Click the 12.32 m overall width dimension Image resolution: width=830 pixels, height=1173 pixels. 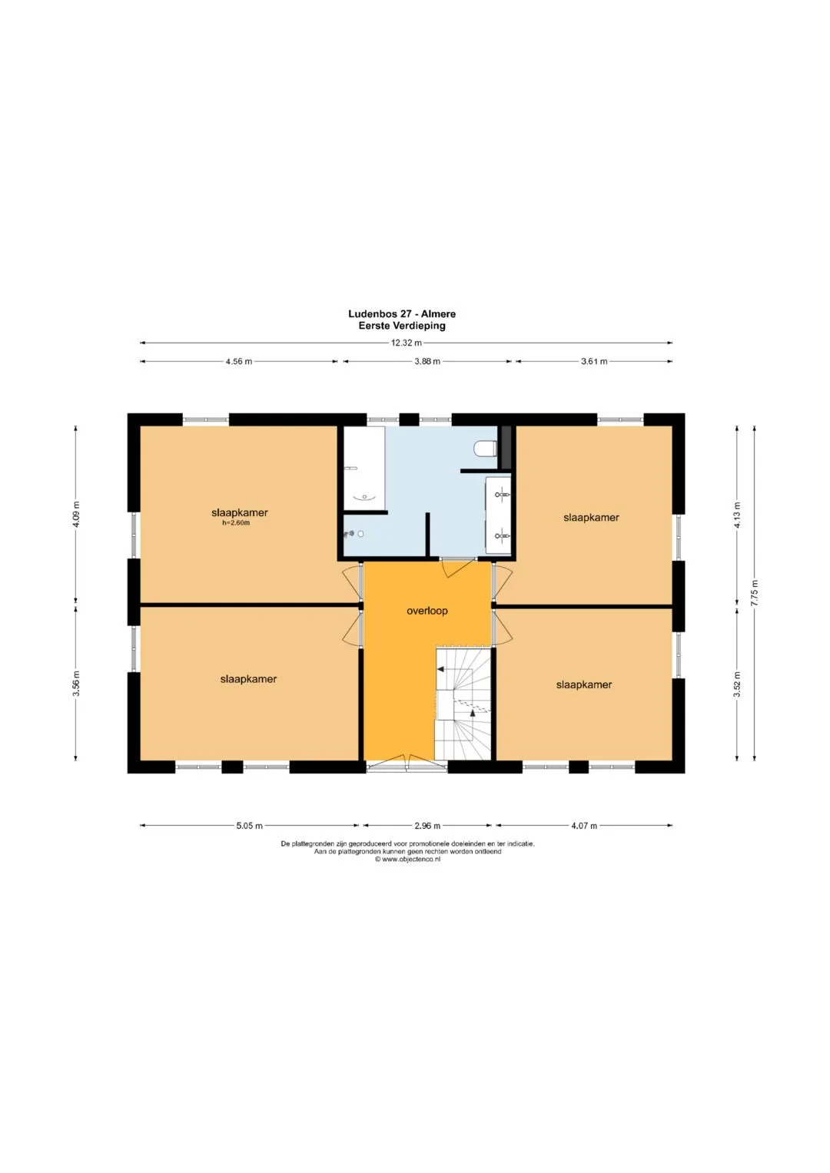[406, 343]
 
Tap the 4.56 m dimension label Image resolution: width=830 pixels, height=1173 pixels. [239, 361]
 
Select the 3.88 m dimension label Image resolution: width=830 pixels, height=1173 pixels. [427, 361]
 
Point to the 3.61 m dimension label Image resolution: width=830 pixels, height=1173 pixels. [594, 361]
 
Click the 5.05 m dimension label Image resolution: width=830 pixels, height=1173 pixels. [249, 826]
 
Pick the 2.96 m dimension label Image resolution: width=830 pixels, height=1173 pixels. [427, 826]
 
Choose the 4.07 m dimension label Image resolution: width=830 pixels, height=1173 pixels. [584, 826]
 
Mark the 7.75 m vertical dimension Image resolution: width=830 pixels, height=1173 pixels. [755, 593]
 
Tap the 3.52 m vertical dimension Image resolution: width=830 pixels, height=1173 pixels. [737, 684]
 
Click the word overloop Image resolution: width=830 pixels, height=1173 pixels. [427, 611]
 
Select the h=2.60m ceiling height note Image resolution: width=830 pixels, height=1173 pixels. [236, 522]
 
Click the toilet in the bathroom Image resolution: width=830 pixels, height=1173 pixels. [485, 449]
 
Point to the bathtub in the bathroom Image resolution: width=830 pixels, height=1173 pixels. [364, 468]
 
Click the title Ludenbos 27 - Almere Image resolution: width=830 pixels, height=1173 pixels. [402, 314]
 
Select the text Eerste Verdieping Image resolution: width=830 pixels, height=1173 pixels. [402, 326]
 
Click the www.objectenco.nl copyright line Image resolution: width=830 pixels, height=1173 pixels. [407, 859]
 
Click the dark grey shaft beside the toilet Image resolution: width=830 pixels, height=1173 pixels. [506, 447]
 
